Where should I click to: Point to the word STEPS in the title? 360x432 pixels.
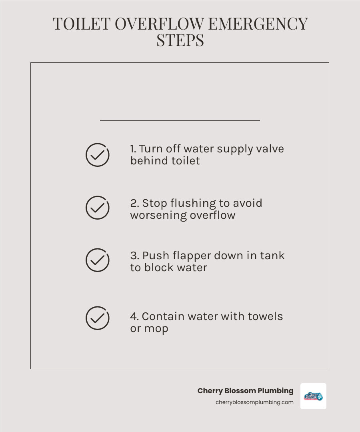[180, 40]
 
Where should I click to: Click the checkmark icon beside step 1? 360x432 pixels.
[97, 155]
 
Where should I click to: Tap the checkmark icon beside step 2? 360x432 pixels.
[97, 208]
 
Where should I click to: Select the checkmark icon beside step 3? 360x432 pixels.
[97, 260]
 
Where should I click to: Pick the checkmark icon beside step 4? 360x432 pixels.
[97, 318]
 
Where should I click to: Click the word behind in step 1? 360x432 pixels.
[148, 161]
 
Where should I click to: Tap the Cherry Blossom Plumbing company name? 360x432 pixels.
[245, 391]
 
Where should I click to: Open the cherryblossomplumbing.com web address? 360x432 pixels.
[254, 402]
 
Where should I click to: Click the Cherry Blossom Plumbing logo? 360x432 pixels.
[313, 396]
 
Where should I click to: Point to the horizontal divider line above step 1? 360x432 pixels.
[180, 120]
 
